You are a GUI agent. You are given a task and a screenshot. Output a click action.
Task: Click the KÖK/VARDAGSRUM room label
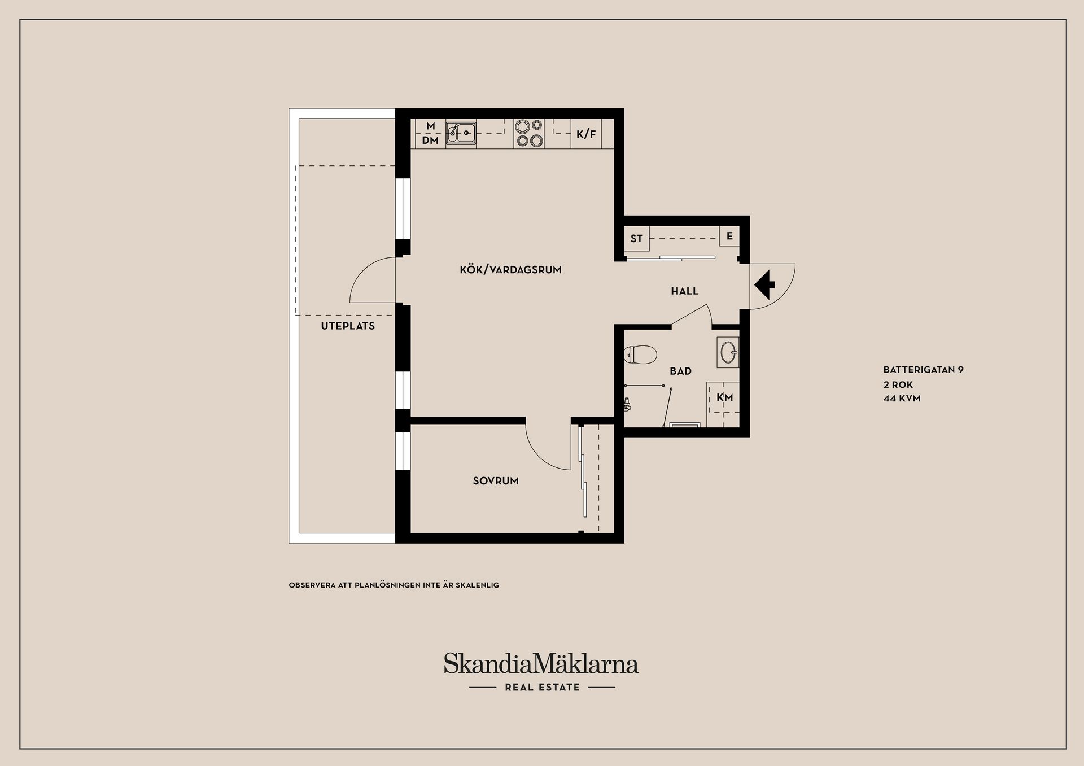[x=510, y=270]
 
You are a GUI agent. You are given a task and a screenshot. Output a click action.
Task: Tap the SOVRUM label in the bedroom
[x=496, y=481]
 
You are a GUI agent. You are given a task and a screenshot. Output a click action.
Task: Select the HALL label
[x=685, y=291]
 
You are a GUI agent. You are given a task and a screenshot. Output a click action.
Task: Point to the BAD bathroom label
[x=680, y=371]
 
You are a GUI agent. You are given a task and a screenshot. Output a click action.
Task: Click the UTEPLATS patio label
[x=348, y=326]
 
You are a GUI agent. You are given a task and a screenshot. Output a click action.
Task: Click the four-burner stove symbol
[x=529, y=134]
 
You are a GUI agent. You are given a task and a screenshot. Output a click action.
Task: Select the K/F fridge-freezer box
[x=586, y=134]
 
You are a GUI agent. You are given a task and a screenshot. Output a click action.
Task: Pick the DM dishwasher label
[x=430, y=140]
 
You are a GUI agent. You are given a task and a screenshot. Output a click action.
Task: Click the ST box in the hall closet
[x=637, y=238]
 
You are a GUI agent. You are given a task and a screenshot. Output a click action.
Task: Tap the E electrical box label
[x=729, y=236]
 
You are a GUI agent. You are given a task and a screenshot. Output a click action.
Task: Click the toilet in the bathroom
[x=641, y=355]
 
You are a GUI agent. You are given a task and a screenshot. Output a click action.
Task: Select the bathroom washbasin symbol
[x=728, y=353]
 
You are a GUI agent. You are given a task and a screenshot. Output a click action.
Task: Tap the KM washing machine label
[x=725, y=397]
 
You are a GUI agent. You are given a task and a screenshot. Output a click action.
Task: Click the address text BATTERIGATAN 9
[x=924, y=370]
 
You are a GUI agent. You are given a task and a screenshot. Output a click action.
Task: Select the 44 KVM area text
[x=902, y=399]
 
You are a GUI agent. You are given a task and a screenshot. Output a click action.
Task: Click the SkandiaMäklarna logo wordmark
[x=541, y=664]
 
